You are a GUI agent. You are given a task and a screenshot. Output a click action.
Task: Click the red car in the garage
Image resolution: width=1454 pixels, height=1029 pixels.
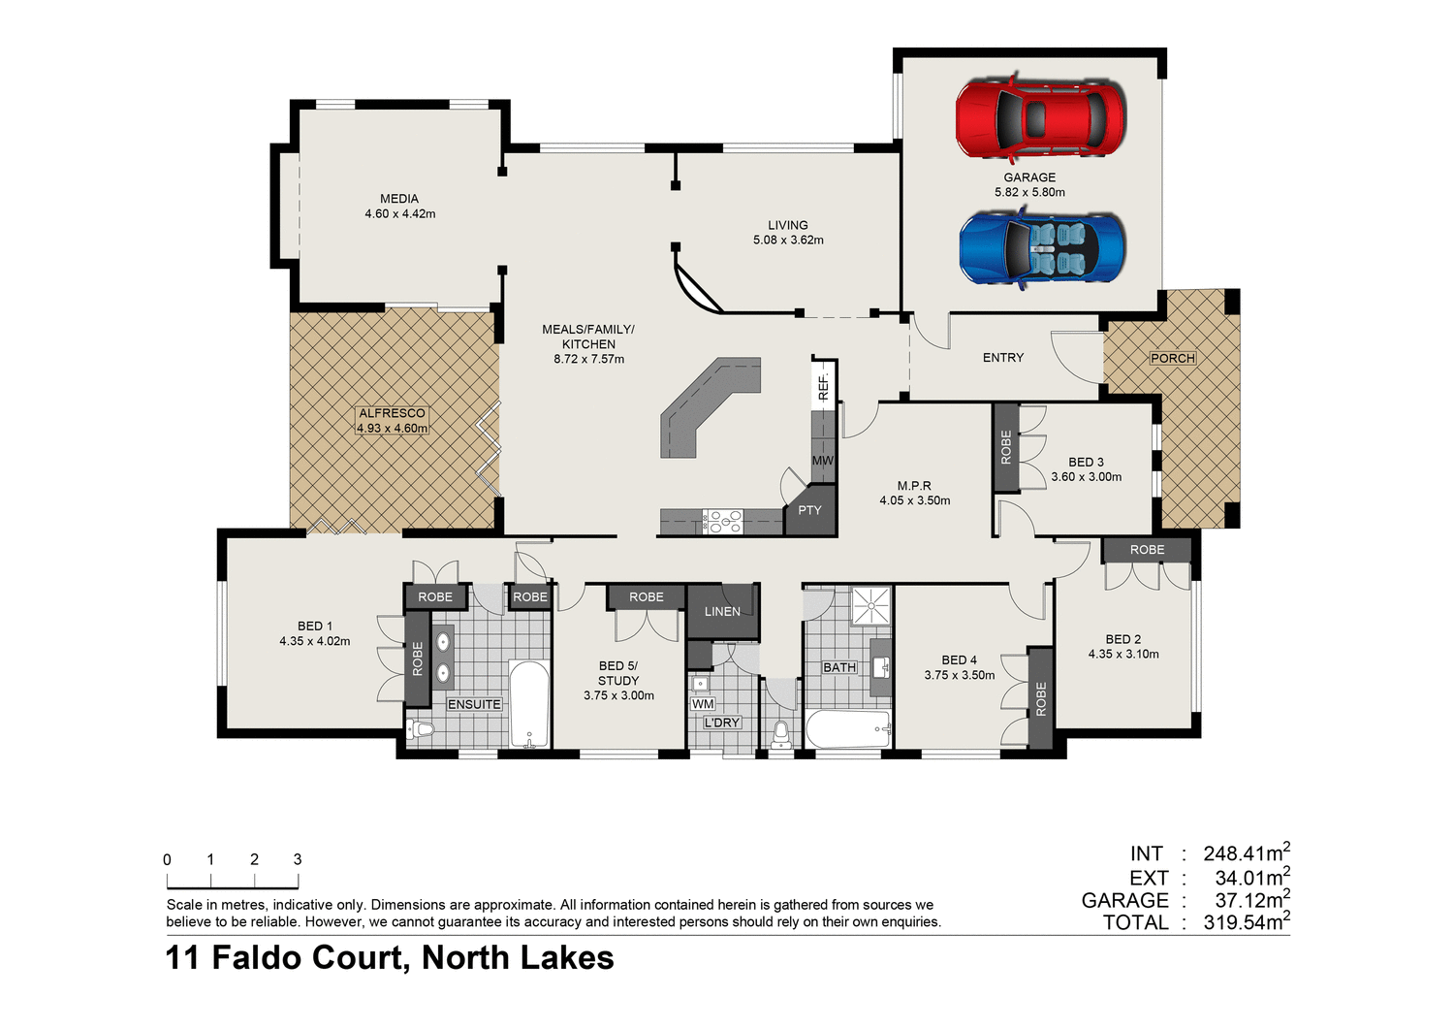pyautogui.click(x=1039, y=117)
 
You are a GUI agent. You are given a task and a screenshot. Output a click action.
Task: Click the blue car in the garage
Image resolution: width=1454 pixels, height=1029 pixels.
pyautogui.click(x=1042, y=247)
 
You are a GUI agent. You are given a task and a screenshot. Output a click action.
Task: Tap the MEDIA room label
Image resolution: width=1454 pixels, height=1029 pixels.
pyautogui.click(x=399, y=199)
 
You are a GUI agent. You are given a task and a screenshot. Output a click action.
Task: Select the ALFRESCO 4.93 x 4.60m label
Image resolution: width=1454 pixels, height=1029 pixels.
pyautogui.click(x=393, y=421)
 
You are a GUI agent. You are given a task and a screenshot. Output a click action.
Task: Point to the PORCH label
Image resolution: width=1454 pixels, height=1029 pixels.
pyautogui.click(x=1173, y=358)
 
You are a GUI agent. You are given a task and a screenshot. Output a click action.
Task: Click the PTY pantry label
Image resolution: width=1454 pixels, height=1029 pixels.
pyautogui.click(x=809, y=510)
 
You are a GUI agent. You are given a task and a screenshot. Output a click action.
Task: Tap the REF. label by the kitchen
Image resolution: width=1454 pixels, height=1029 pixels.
pyautogui.click(x=823, y=386)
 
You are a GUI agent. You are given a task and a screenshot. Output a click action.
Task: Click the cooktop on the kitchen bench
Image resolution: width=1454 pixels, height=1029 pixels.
pyautogui.click(x=723, y=522)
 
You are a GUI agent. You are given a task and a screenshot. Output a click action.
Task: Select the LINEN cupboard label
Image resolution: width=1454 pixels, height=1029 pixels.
pyautogui.click(x=722, y=611)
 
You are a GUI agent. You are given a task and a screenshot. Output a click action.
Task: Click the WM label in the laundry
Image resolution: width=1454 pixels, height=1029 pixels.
pyautogui.click(x=703, y=704)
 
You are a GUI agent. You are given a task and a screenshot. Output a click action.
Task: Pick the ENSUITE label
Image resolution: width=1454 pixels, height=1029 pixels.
pyautogui.click(x=474, y=704)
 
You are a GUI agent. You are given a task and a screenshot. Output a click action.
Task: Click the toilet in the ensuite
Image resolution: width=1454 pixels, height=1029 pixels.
pyautogui.click(x=421, y=729)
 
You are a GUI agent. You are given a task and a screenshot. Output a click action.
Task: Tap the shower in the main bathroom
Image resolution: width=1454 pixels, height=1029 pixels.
pyautogui.click(x=871, y=605)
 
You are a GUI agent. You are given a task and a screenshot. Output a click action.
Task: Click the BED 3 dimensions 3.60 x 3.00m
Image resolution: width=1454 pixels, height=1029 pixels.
pyautogui.click(x=1087, y=477)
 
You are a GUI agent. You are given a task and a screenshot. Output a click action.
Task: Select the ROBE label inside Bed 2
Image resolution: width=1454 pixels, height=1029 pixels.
pyautogui.click(x=1147, y=550)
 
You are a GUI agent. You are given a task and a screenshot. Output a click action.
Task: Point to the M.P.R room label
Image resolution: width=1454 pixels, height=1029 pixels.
pyautogui.click(x=914, y=486)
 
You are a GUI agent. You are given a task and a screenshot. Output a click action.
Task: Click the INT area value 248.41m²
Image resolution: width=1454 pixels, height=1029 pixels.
pyautogui.click(x=1246, y=853)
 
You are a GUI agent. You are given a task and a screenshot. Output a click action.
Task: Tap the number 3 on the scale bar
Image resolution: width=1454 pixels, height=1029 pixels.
pyautogui.click(x=298, y=859)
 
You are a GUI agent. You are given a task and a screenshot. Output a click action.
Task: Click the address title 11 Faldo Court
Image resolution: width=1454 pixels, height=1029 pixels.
pyautogui.click(x=390, y=958)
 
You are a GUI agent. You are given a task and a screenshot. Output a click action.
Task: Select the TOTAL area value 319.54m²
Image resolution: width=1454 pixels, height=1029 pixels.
pyautogui.click(x=1246, y=922)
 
